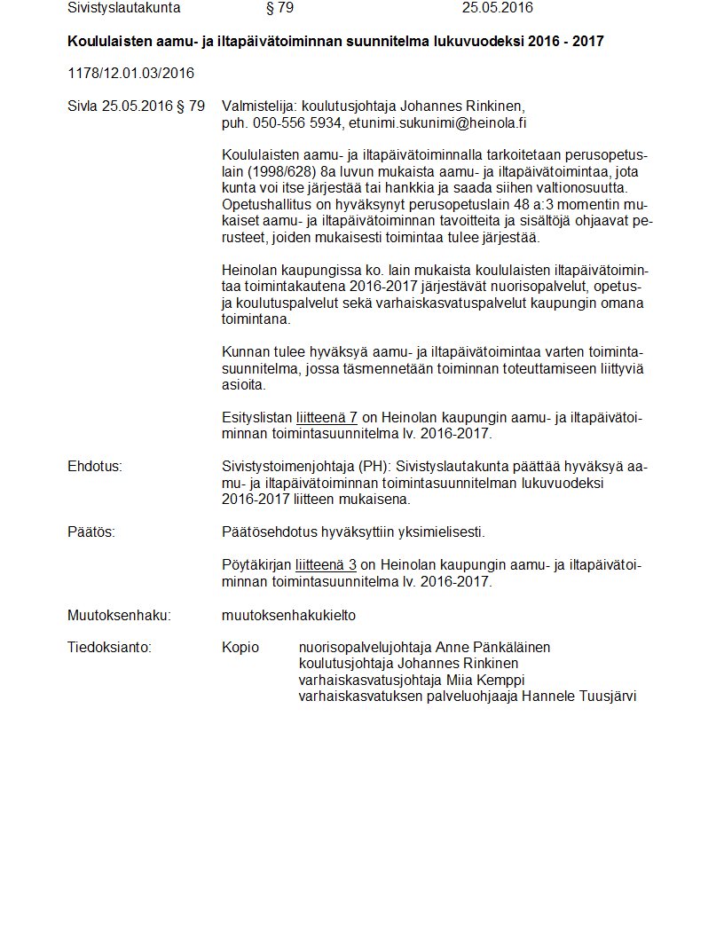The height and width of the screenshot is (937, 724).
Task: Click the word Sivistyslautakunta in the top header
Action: tap(123, 8)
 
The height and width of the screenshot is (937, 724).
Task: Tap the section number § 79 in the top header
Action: tap(279, 8)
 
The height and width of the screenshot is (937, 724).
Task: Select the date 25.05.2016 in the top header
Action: tap(497, 8)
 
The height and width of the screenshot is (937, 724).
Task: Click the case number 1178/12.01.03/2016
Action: tap(130, 73)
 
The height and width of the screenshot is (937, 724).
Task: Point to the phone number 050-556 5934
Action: tap(297, 122)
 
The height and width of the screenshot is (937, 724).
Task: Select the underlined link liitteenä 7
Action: tap(327, 418)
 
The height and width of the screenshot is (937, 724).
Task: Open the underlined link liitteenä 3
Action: tap(327, 565)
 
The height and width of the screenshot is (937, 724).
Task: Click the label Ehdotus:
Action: tap(95, 467)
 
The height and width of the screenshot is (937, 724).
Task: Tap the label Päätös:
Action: tap(91, 532)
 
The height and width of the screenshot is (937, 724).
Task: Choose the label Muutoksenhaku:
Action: tap(119, 615)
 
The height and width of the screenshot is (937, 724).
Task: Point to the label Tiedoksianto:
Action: tap(109, 647)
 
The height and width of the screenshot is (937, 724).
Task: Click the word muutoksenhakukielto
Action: tap(288, 615)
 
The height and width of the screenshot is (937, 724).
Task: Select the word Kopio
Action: tap(240, 647)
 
